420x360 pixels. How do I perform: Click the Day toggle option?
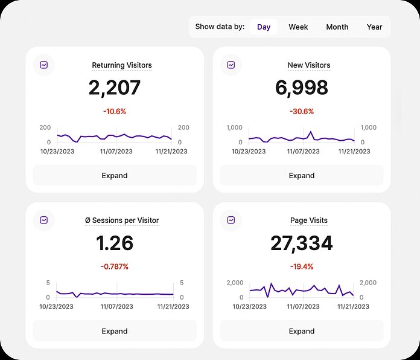pyautogui.click(x=264, y=27)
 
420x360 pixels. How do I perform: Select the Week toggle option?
pyautogui.click(x=298, y=27)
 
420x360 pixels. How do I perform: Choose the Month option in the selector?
pyautogui.click(x=337, y=27)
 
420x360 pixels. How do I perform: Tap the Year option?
pyautogui.click(x=375, y=27)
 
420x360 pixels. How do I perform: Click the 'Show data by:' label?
pyautogui.click(x=220, y=27)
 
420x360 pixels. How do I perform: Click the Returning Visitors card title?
pyautogui.click(x=122, y=65)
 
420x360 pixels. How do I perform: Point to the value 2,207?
pyautogui.click(x=115, y=88)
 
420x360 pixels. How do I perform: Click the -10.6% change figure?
pyautogui.click(x=115, y=111)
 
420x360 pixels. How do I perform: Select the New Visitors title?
pyautogui.click(x=309, y=65)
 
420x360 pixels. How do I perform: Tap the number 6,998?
pyautogui.click(x=302, y=88)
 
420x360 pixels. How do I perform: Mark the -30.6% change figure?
pyautogui.click(x=302, y=111)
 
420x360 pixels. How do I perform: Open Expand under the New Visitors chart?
pyautogui.click(x=302, y=176)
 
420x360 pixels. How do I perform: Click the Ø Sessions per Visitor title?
pyautogui.click(x=122, y=220)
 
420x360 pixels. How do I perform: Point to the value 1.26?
pyautogui.click(x=115, y=243)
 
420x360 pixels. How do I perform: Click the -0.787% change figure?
pyautogui.click(x=115, y=266)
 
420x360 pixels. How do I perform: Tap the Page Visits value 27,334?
pyautogui.click(x=302, y=243)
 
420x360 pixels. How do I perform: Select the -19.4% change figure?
pyautogui.click(x=302, y=266)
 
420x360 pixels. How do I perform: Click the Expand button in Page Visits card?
pyautogui.click(x=302, y=331)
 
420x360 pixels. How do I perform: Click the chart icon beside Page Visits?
pyautogui.click(x=231, y=220)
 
